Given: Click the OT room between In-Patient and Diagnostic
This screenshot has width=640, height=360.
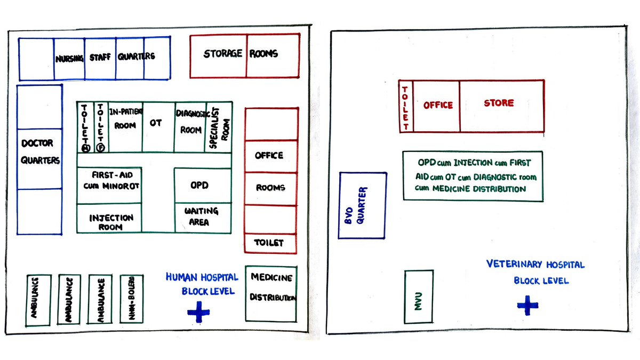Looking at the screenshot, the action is [x=158, y=127].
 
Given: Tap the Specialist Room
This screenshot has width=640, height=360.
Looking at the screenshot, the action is [x=219, y=127].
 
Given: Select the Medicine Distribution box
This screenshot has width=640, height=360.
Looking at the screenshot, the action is [x=271, y=293].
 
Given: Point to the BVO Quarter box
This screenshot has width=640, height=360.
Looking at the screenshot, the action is [x=363, y=205].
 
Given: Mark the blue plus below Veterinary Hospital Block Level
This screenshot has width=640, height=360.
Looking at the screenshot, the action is [x=527, y=305].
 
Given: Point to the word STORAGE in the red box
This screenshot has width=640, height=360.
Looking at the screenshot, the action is [x=223, y=54].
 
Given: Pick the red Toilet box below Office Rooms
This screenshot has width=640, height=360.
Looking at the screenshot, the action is [x=270, y=243].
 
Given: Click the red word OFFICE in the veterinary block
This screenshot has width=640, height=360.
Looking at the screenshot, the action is [x=437, y=106].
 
